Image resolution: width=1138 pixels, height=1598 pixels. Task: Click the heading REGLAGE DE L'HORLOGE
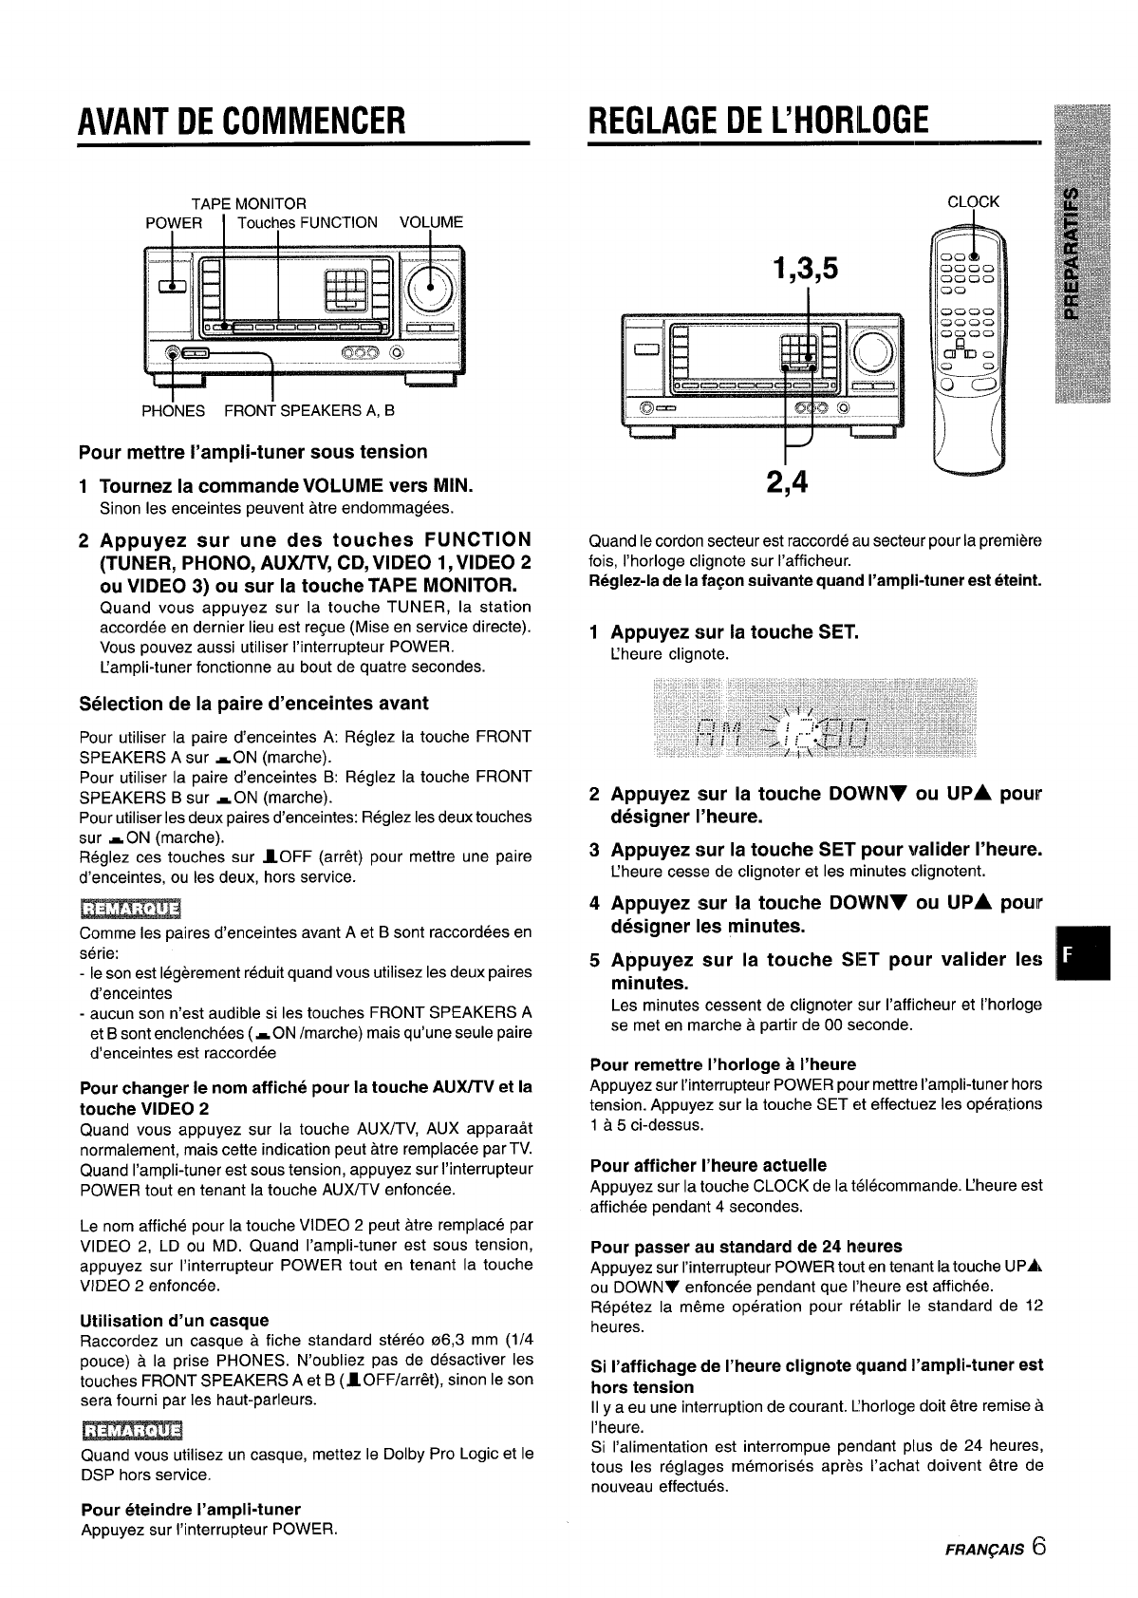[x=756, y=121]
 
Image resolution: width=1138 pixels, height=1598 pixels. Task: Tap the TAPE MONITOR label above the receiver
[x=249, y=203]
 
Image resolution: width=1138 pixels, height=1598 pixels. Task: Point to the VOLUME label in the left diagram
[x=431, y=222]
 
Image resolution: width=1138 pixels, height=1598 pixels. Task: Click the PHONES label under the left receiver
[x=173, y=411]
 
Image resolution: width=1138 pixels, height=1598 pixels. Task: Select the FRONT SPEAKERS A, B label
[x=308, y=411]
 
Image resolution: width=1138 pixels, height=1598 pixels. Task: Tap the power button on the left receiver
[x=173, y=284]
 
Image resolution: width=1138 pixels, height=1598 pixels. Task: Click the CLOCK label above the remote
[x=974, y=201]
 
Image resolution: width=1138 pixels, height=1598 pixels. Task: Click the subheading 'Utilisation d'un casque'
[x=175, y=1320]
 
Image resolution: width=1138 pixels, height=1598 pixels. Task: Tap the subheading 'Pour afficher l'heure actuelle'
[x=708, y=1165]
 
